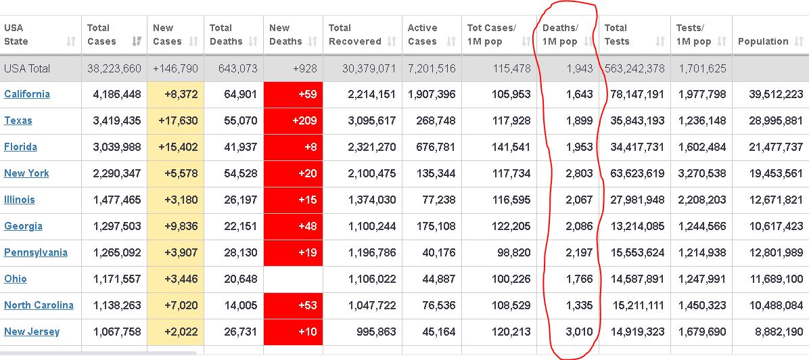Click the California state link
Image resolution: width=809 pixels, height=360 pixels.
[x=27, y=94]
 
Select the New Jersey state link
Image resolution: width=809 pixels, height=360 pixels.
[x=32, y=332]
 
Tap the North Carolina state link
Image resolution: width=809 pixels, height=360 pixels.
[x=39, y=305]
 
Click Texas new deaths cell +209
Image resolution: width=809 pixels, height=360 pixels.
[x=293, y=120]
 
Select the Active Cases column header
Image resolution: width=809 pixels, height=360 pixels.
[x=423, y=35]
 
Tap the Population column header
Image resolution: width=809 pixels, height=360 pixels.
[x=763, y=41]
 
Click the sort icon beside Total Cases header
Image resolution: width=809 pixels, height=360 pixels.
[x=137, y=41]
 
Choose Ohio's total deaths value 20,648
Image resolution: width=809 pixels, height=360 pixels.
[x=233, y=279]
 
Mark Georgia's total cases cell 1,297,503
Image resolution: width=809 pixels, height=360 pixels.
[x=114, y=226]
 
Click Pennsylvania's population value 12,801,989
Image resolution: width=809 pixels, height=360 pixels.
[x=770, y=252]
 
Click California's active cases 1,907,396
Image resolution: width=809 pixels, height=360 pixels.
[x=432, y=94]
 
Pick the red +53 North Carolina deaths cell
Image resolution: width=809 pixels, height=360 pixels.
[x=293, y=305]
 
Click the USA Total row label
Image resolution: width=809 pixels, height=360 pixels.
[x=27, y=68]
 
